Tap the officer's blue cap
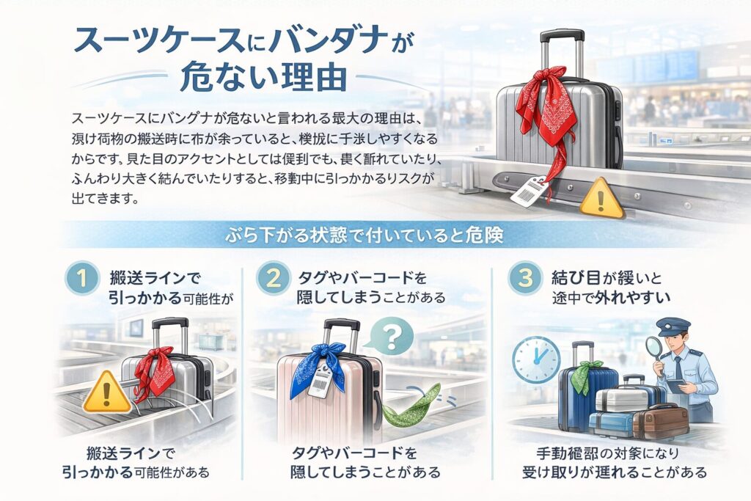pyautogui.click(x=673, y=326)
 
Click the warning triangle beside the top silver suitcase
pyautogui.click(x=601, y=200)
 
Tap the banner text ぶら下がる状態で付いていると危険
pyautogui.click(x=375, y=237)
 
